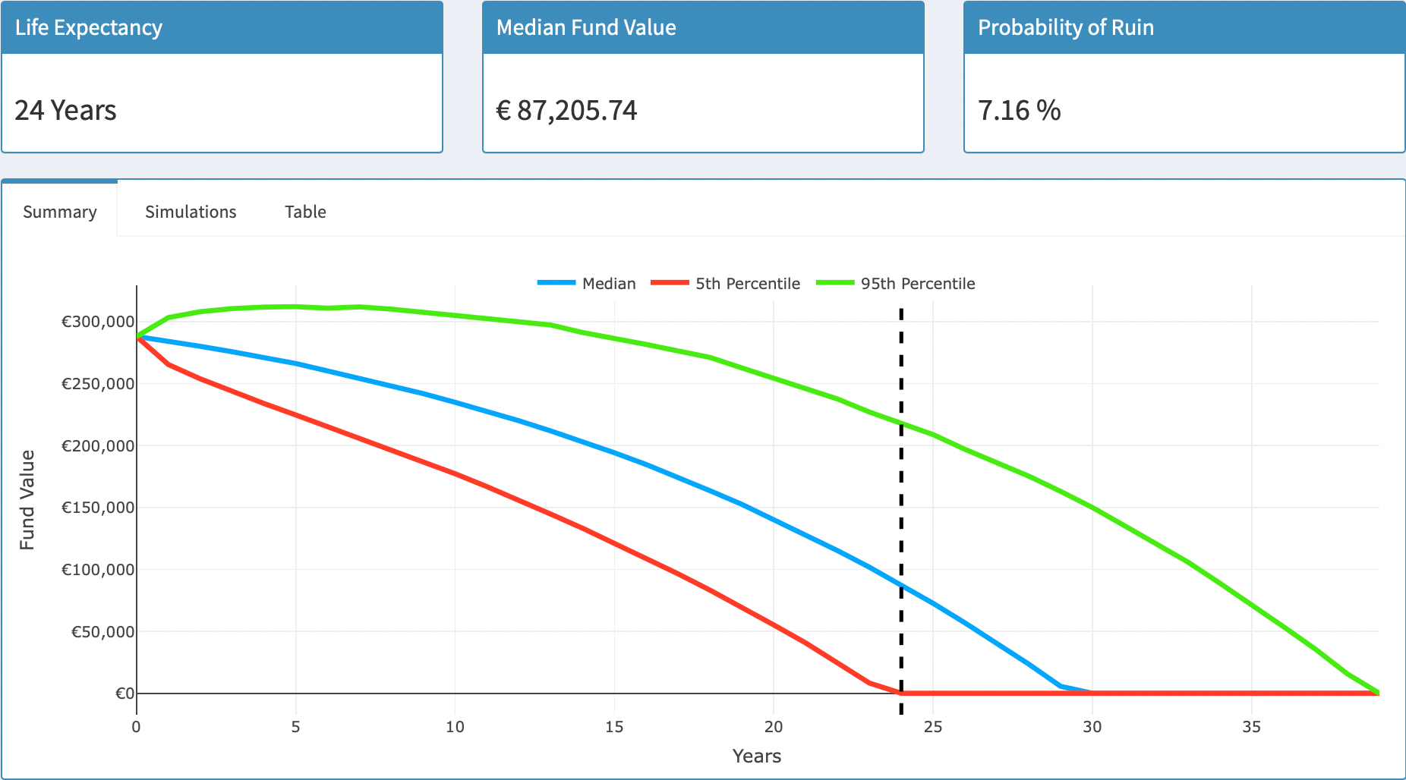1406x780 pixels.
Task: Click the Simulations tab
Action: click(x=191, y=212)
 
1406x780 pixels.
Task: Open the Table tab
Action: click(x=305, y=212)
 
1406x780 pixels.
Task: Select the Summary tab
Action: click(x=60, y=212)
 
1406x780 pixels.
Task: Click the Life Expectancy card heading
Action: click(x=89, y=27)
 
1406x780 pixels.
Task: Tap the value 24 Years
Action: click(x=65, y=111)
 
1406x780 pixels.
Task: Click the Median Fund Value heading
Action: click(x=586, y=27)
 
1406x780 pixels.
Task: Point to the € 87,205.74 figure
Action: click(x=566, y=111)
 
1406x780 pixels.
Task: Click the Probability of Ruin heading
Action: click(x=1065, y=27)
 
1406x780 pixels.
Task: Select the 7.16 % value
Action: click(x=1019, y=111)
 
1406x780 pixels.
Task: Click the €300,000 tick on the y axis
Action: click(x=98, y=322)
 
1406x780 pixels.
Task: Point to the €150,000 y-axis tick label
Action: click(x=98, y=508)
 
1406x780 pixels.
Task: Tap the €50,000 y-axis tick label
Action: click(x=102, y=631)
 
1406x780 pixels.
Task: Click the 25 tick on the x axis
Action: click(x=932, y=727)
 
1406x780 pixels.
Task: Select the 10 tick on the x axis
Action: click(x=455, y=727)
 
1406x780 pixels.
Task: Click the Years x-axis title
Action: click(x=756, y=756)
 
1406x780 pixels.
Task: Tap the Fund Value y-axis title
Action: click(x=27, y=499)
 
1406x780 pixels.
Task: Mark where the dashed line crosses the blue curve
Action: click(x=901, y=586)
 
